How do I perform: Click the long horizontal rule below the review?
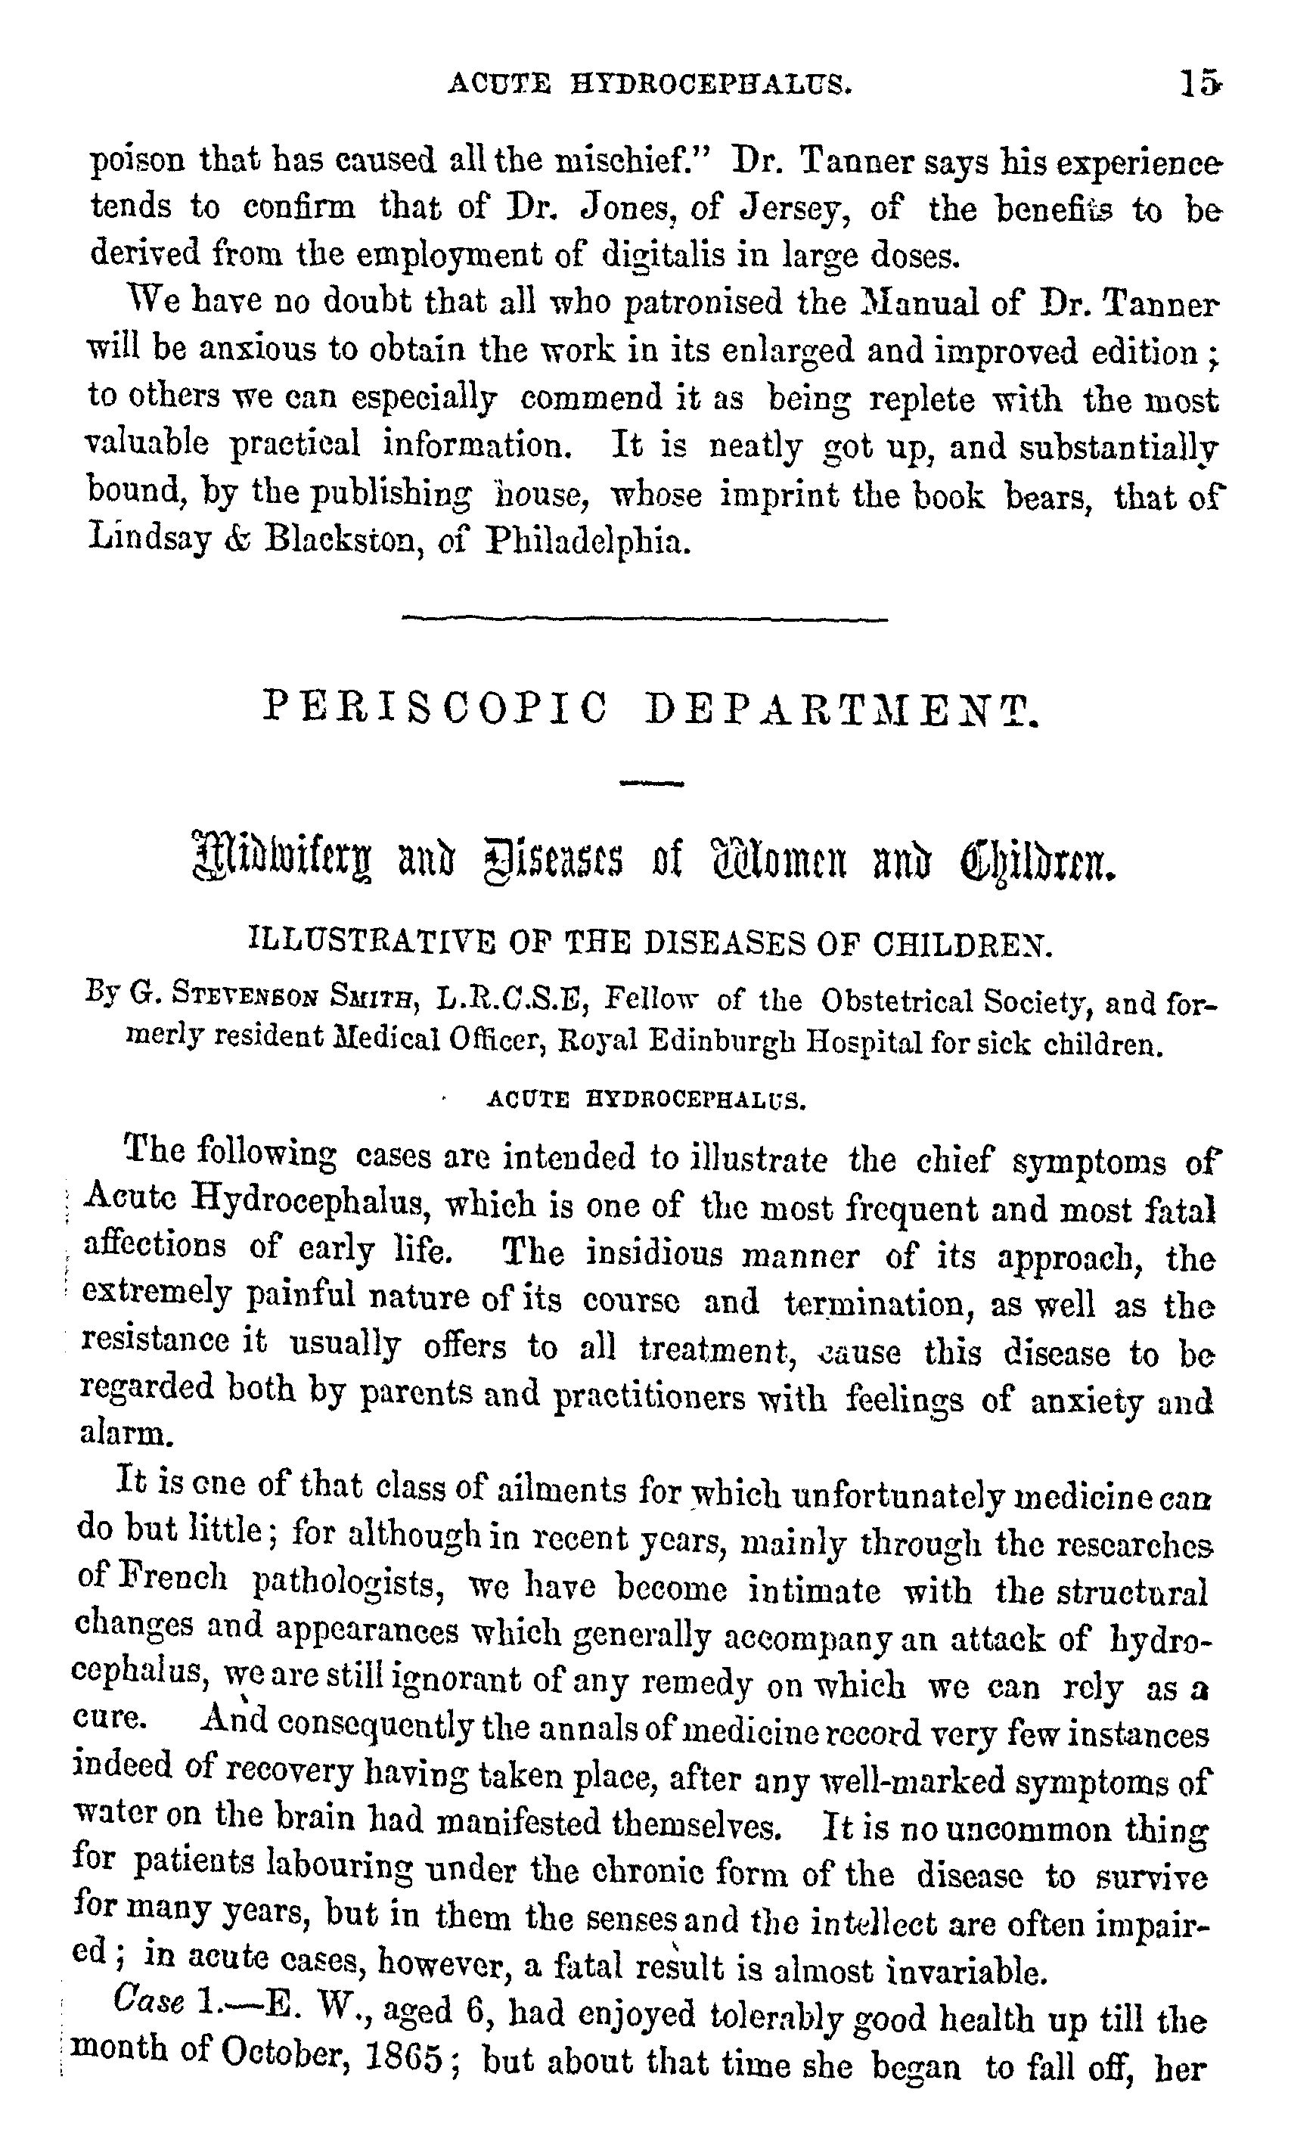(644, 619)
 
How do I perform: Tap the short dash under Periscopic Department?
(651, 784)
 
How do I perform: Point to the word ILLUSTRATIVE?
(373, 942)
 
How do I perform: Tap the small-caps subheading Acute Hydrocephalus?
(647, 1100)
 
